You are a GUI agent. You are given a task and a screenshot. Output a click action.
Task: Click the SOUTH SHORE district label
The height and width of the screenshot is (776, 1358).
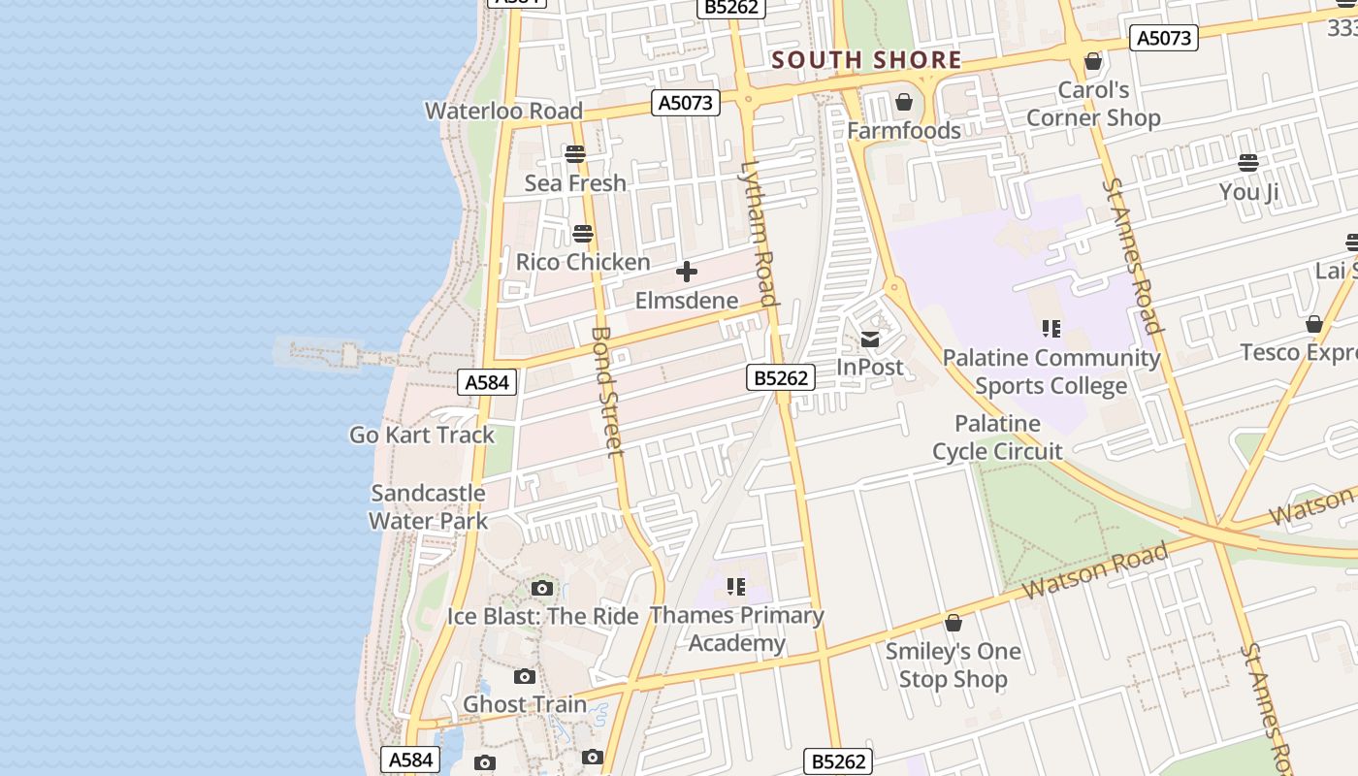(x=866, y=60)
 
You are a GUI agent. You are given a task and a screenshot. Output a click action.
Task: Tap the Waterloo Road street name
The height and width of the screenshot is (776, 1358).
(x=503, y=111)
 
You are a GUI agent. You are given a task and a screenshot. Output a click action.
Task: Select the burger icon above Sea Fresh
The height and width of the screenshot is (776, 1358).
(x=575, y=154)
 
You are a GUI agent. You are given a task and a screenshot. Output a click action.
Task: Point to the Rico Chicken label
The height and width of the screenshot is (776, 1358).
(x=583, y=262)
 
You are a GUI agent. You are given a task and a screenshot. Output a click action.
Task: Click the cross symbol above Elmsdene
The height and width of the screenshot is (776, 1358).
(x=687, y=272)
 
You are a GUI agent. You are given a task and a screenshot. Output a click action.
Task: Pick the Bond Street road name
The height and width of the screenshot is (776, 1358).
(x=606, y=391)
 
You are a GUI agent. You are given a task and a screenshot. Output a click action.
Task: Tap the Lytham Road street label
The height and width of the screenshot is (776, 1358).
(x=759, y=233)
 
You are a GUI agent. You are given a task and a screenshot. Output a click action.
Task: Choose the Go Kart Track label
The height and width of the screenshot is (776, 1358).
(x=422, y=435)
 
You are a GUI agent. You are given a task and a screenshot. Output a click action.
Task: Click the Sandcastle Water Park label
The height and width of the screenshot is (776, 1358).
(x=428, y=506)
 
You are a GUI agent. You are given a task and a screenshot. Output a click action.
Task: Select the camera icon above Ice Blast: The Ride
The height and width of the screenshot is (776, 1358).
(x=542, y=588)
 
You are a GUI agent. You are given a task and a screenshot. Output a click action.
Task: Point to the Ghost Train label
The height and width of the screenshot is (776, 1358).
(x=525, y=704)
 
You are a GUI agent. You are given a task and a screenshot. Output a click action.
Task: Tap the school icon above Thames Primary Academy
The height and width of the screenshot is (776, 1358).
(x=736, y=586)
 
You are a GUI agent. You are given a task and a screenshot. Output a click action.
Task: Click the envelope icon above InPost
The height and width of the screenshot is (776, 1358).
(x=870, y=339)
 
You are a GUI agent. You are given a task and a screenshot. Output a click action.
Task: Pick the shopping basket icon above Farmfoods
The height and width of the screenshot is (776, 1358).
(x=904, y=102)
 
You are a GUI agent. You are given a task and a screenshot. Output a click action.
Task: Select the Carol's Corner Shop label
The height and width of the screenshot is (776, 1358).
(x=1093, y=104)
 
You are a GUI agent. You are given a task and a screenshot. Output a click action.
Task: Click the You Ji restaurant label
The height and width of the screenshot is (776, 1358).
(x=1248, y=192)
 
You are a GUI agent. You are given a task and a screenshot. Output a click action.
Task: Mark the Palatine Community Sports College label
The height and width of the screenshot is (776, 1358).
(x=1051, y=372)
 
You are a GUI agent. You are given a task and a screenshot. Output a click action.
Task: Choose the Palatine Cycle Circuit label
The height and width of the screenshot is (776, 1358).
(x=997, y=437)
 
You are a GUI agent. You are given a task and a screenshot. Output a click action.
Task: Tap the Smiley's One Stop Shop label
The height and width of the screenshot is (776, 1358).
(x=953, y=664)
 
